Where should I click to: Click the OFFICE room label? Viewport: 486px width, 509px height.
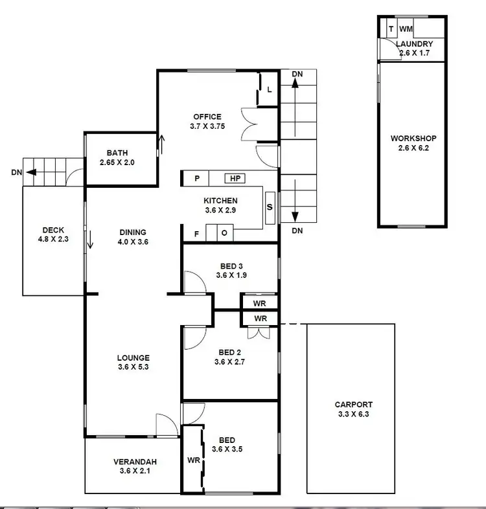point(207,117)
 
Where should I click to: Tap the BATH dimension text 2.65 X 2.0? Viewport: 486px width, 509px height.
point(117,163)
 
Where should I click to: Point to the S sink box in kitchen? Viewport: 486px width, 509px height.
point(270,208)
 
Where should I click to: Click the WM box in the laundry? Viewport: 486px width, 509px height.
point(406,29)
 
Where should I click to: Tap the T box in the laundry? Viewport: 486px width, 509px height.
point(391,29)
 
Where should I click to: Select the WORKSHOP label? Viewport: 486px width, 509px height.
point(413,139)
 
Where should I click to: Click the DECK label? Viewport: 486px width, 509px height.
point(52,230)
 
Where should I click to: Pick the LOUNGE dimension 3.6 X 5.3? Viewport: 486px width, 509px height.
point(133,367)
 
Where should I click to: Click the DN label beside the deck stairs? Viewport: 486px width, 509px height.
point(17,173)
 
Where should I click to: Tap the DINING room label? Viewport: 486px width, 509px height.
point(133,232)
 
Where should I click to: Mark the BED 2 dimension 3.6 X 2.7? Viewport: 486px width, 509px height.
point(231,363)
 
